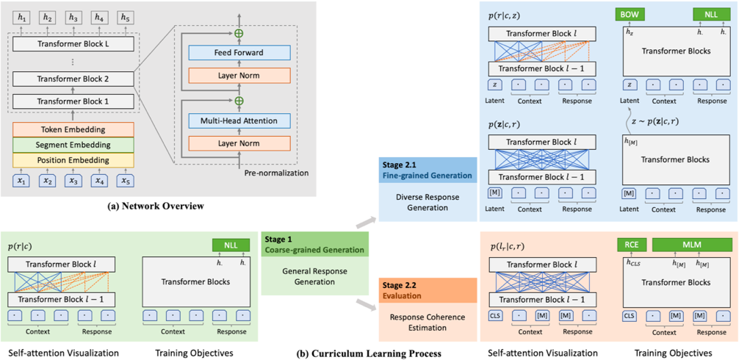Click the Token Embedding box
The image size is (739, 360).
coord(73,129)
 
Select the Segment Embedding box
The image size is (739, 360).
coord(73,145)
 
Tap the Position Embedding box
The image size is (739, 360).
coord(73,160)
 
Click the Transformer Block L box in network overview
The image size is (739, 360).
coord(73,43)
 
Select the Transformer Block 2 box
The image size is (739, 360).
coord(73,79)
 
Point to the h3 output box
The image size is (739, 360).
coord(73,17)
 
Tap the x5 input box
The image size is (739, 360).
coord(126,181)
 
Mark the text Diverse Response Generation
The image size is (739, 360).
coord(426,202)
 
